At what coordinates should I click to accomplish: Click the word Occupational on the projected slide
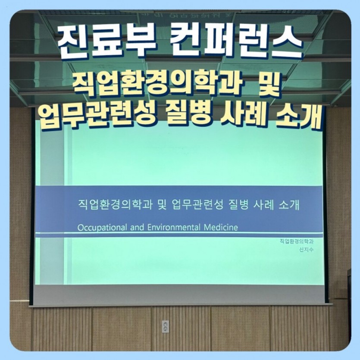point(102,227)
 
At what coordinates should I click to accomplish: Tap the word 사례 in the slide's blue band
point(269,205)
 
